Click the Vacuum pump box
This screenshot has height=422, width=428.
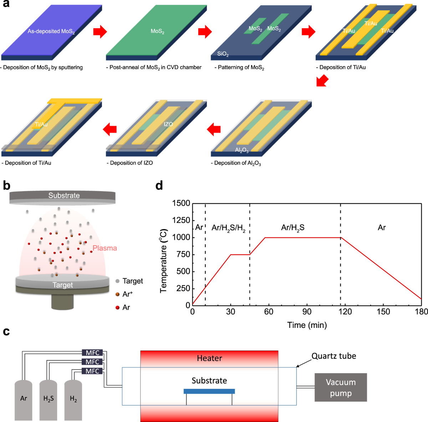coord(341,387)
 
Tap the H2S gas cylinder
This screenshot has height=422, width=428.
coord(49,399)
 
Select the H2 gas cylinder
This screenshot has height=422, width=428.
coord(73,399)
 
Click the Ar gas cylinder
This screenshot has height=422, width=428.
coord(24,399)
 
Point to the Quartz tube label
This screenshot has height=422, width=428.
coord(333,356)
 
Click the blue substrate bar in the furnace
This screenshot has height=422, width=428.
coord(209,391)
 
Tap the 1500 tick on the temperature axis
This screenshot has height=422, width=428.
coord(181,204)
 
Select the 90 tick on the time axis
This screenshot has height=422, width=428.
coord(307,312)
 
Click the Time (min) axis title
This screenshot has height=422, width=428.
coord(307,325)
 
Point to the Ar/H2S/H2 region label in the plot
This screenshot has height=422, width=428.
coord(228,228)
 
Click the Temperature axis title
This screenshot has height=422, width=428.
coord(164,261)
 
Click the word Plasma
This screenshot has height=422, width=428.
coord(105,248)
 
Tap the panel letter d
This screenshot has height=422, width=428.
coord(159,186)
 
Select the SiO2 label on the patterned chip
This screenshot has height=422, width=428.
coord(223,54)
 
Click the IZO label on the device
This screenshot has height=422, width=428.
coord(168,124)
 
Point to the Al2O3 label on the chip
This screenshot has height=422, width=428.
coord(242,150)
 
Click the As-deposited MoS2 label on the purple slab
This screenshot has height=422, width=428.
coord(51,32)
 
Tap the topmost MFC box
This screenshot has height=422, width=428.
coord(92,353)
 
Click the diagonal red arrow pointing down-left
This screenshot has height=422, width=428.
coord(322,81)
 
